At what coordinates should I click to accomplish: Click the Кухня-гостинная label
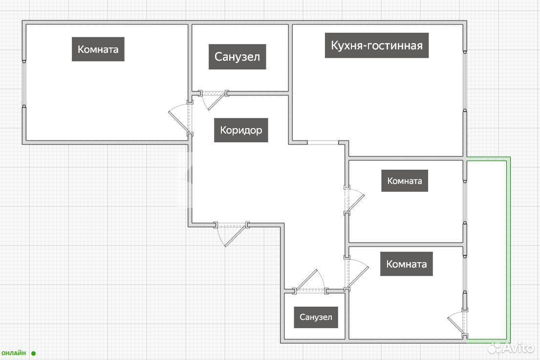point(377,45)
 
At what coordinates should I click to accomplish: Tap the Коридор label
point(241,130)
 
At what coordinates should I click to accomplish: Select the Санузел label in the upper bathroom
point(238,57)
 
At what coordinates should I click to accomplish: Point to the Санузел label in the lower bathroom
point(316,317)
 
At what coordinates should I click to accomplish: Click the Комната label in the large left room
point(98,49)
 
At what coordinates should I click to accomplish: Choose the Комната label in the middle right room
point(405,180)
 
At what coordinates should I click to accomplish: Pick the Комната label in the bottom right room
point(407,264)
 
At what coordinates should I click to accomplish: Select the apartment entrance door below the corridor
point(231,234)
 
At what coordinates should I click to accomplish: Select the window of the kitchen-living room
point(465,81)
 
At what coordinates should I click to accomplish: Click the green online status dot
point(33,353)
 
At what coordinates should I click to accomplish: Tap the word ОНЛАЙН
point(14,353)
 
